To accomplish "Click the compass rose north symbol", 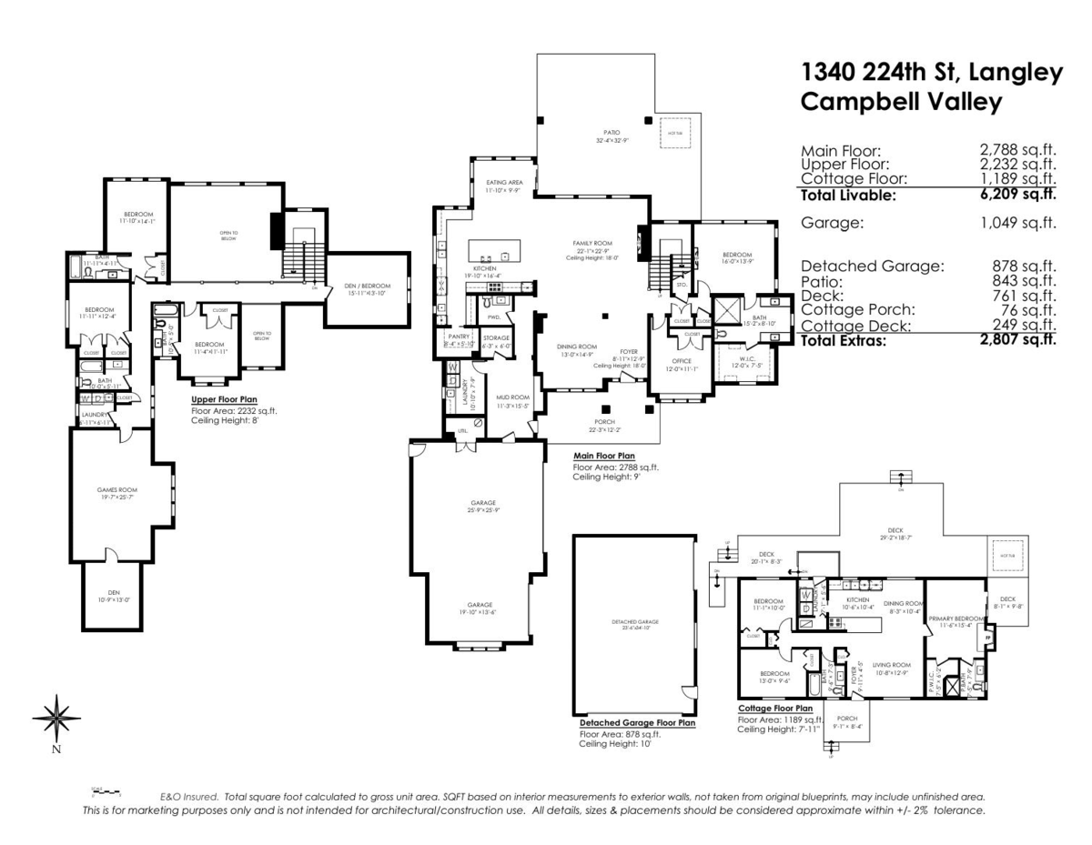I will (56, 719).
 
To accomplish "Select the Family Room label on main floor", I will (590, 244).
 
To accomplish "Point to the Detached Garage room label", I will (635, 622).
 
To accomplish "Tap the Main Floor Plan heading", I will (604, 456).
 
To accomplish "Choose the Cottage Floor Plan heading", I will (774, 707).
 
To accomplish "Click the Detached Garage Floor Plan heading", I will (637, 723).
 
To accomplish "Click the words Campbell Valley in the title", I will (901, 103).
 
